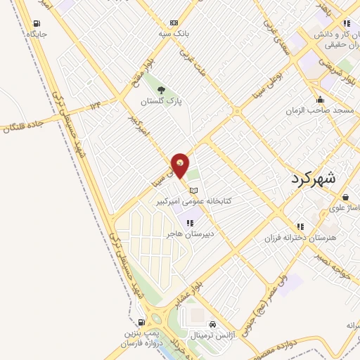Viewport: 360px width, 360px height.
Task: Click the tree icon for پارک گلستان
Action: coord(162,90)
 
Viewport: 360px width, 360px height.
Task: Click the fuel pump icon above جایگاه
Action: coord(34,22)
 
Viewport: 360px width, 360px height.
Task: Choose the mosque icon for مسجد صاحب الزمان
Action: coord(321,99)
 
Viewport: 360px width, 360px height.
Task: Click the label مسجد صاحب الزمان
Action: coord(314,111)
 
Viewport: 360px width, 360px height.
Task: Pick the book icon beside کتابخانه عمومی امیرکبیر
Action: coord(194,190)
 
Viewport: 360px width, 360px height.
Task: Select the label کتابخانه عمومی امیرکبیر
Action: coord(205,201)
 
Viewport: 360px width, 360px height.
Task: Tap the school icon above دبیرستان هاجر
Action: coord(189,223)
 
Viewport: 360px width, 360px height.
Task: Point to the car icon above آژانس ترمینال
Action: coord(223,325)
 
